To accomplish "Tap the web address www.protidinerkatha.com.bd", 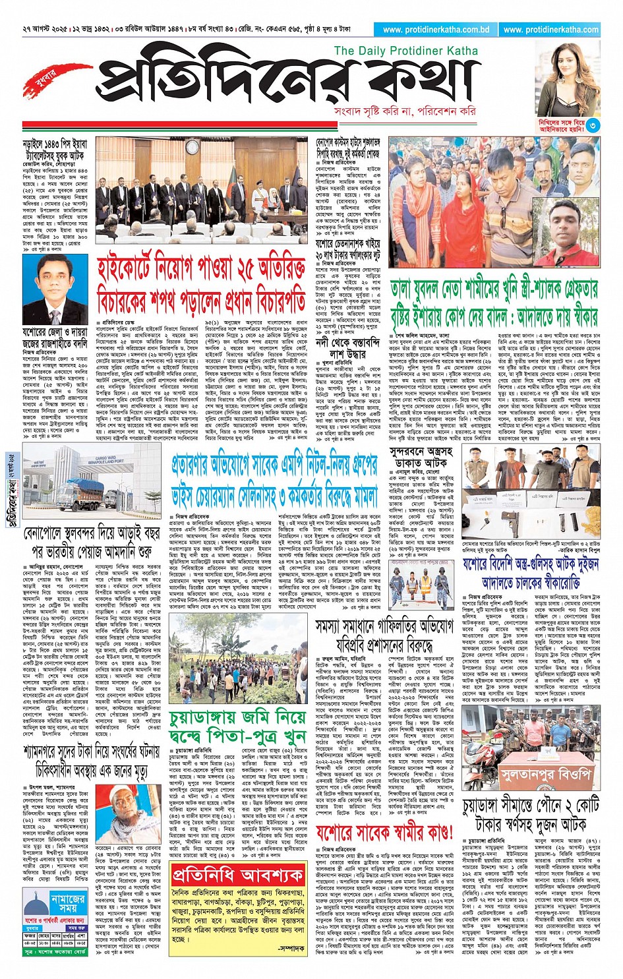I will pos(436,30).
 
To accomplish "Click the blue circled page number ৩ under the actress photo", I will pos(593,125).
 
